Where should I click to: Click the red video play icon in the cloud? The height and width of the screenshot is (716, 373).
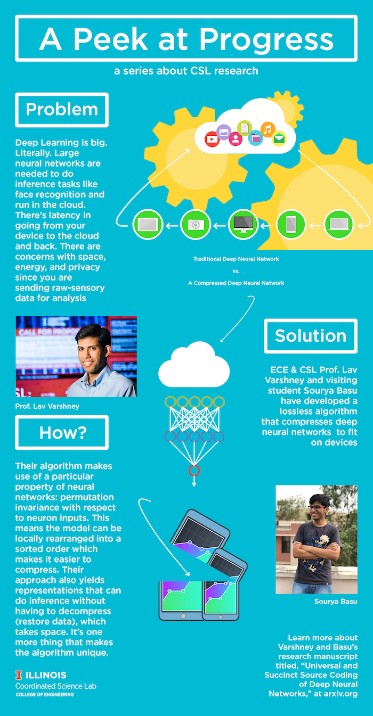[212, 139]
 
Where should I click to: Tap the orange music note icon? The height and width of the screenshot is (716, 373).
[268, 129]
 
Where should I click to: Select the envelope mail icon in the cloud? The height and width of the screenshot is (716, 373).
[279, 139]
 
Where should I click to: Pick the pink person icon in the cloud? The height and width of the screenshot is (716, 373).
[236, 139]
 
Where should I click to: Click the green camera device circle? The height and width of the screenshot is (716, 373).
[196, 225]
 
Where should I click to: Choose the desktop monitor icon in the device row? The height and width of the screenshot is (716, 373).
[243, 225]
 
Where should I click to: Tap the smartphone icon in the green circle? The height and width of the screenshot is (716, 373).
[291, 225]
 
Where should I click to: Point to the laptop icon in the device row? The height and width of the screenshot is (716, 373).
[339, 224]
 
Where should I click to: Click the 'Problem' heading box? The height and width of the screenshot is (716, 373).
[62, 110]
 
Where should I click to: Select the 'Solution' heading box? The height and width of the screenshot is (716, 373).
[311, 336]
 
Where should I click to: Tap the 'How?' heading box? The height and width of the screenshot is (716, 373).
[62, 432]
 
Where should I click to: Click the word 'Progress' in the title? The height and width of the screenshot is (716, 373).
[266, 39]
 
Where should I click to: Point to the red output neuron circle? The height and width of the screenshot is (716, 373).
[194, 471]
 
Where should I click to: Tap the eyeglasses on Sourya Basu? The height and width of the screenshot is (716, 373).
[315, 507]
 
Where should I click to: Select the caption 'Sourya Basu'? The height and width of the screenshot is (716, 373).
[336, 602]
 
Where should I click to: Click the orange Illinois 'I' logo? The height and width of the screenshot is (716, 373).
[19, 675]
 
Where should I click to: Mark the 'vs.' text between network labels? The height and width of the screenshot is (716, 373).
[236, 271]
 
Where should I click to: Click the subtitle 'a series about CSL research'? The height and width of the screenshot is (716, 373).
[186, 71]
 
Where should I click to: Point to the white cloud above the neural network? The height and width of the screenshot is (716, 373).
[194, 365]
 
